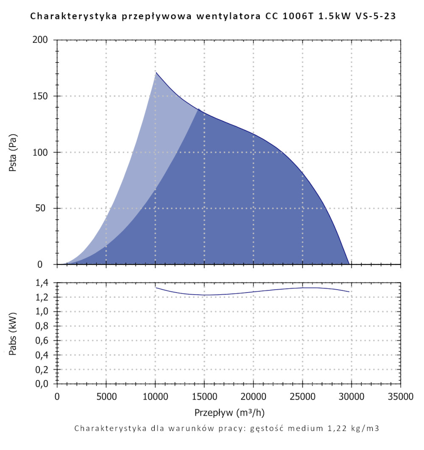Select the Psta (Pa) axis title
point(13,152)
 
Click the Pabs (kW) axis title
point(13,333)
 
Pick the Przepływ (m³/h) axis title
point(230,412)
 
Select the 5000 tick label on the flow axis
point(106,397)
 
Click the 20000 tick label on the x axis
point(253,397)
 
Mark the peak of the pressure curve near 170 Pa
point(156,72)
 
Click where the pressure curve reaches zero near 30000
point(349,264)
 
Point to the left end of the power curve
point(156,288)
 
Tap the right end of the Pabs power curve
point(349,292)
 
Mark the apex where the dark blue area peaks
point(198,109)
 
